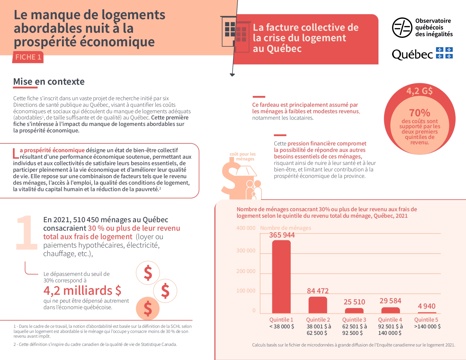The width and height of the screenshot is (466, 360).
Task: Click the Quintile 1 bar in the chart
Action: pyautogui.click(x=281, y=277)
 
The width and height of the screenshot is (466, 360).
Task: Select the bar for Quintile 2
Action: pyautogui.click(x=318, y=305)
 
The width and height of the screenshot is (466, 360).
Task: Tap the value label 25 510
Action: pyautogui.click(x=354, y=302)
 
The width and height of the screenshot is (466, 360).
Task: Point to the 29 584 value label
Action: pyautogui.click(x=390, y=301)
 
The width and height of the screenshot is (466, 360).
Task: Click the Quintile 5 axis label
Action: pyautogui.click(x=426, y=320)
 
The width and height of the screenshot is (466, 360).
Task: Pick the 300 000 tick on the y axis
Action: pyautogui.click(x=246, y=251)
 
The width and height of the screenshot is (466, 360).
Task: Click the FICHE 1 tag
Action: pyautogui.click(x=28, y=57)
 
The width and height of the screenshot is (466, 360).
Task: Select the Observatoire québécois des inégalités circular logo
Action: pyautogui.click(x=402, y=28)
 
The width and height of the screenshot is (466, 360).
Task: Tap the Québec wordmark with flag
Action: pyautogui.click(x=422, y=54)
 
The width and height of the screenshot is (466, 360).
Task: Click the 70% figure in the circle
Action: pyautogui.click(x=420, y=113)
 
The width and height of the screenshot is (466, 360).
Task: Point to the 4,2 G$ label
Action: pyautogui.click(x=419, y=91)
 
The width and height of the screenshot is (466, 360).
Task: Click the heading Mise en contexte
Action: pyautogui.click(x=49, y=82)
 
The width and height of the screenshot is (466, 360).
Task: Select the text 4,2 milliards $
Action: pyautogui.click(x=82, y=291)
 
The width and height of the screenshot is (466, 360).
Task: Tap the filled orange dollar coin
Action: pyautogui.click(x=148, y=308)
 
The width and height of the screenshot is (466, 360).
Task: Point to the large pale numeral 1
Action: pyautogui.click(x=27, y=233)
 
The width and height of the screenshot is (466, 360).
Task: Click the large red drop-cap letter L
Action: pyautogui.click(x=16, y=153)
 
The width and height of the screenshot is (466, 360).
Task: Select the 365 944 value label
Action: pyautogui.click(x=282, y=235)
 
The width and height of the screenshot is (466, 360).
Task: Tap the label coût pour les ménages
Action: pyautogui.click(x=243, y=156)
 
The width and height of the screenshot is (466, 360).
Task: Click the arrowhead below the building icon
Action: pyautogui.click(x=232, y=75)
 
